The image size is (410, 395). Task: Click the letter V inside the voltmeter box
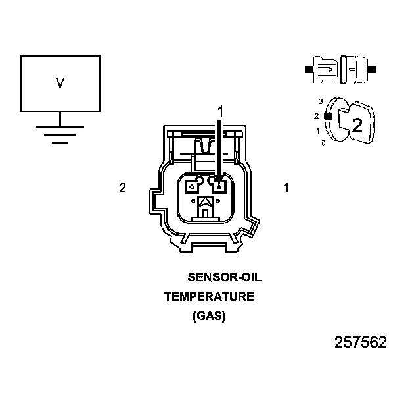click(x=60, y=83)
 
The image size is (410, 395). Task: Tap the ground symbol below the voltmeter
click(x=60, y=132)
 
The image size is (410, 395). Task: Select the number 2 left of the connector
click(x=122, y=188)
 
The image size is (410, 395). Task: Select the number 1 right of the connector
click(x=286, y=188)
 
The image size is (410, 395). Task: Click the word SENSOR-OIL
click(x=225, y=277)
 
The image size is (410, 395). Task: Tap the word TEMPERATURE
click(x=209, y=297)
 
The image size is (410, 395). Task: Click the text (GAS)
click(x=209, y=316)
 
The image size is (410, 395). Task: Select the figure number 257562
click(x=361, y=342)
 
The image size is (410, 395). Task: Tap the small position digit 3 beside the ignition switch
click(x=321, y=101)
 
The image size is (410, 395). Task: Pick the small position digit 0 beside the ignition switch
click(x=323, y=143)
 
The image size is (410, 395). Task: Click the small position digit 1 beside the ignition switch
click(x=318, y=131)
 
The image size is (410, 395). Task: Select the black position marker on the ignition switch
click(x=327, y=116)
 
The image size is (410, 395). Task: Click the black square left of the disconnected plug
click(x=308, y=68)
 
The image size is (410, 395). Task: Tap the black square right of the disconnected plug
click(x=373, y=68)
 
